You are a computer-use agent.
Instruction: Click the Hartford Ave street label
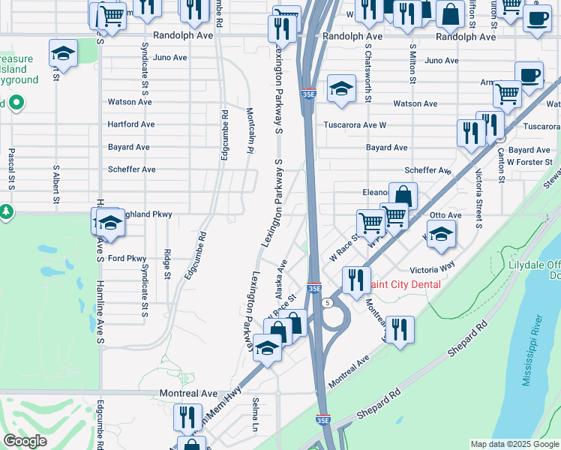click(131, 124)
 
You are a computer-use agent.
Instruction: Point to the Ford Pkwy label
click(127, 259)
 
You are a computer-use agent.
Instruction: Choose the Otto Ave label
click(466, 215)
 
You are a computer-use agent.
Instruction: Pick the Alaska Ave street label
click(280, 278)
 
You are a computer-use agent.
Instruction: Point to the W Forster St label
click(529, 161)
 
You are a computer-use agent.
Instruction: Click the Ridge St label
click(167, 265)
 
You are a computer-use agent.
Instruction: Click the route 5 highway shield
click(327, 303)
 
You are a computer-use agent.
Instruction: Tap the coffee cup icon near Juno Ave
click(529, 76)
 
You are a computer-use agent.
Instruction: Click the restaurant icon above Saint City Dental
click(356, 279)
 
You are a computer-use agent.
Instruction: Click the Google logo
click(25, 441)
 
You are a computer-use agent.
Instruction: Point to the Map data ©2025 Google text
click(514, 444)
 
